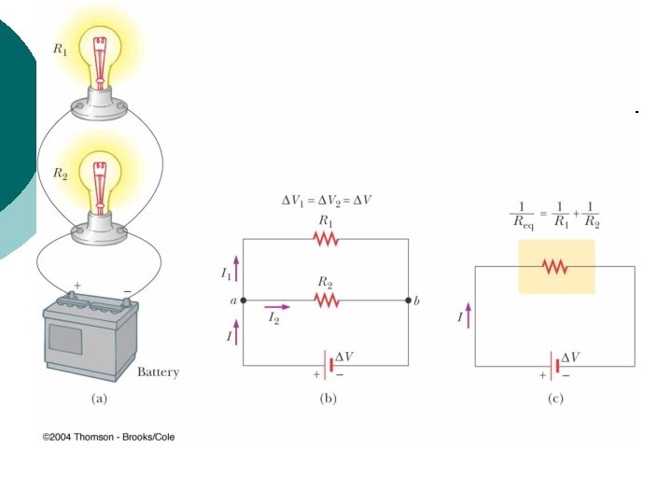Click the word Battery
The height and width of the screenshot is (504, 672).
click(158, 372)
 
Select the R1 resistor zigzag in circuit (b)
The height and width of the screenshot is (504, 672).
click(325, 239)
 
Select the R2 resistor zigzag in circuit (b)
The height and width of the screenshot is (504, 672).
click(325, 301)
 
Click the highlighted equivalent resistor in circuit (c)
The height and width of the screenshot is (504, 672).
click(555, 267)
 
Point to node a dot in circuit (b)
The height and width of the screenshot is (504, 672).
click(244, 301)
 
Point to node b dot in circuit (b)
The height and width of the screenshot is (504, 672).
click(408, 301)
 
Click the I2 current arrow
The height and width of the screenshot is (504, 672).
click(277, 306)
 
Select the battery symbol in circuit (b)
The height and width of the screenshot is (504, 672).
click(326, 365)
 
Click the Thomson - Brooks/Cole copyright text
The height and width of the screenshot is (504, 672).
click(108, 437)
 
